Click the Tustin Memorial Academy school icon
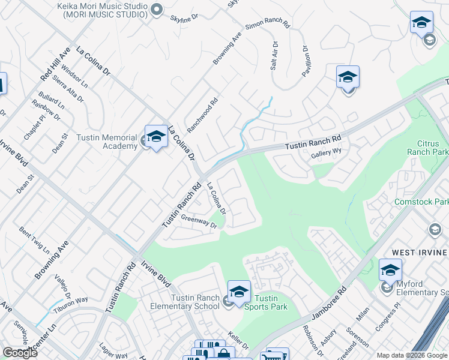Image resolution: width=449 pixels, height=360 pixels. coord(156,137)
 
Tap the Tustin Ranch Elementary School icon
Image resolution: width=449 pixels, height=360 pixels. coord(239,292)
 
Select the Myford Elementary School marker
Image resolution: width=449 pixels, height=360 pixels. coord(390,271)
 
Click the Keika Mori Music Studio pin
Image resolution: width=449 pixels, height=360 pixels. coord(157,8)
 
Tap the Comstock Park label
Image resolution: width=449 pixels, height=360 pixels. coord(421,202)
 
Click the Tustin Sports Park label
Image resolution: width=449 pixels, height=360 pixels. coord(266,302)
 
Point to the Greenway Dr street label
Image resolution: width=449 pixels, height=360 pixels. coord(198,222)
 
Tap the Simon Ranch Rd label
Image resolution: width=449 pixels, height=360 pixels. coord(268,26)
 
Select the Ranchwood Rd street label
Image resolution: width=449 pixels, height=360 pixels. coord(202,115)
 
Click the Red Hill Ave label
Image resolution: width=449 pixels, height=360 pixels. coord(55,64)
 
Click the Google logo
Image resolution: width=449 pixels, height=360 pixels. coord(20,353)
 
